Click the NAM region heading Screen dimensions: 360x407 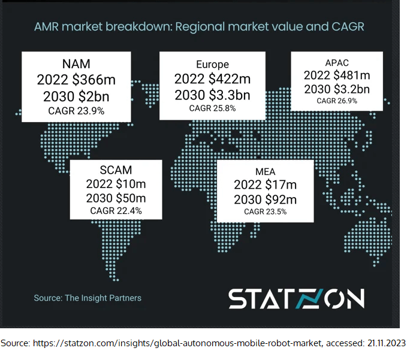(x=76, y=63)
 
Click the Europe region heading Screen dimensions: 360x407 (x=213, y=64)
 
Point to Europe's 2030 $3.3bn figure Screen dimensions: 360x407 (x=213, y=95)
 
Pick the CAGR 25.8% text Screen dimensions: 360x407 (x=213, y=108)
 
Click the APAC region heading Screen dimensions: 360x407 (x=337, y=62)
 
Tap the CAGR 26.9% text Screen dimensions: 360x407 (x=337, y=101)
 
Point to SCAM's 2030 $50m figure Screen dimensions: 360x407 (x=116, y=198)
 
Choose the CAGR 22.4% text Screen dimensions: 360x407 (x=116, y=211)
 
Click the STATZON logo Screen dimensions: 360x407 (x=296, y=298)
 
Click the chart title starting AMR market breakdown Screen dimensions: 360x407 (x=200, y=27)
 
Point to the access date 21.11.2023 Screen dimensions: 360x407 (x=382, y=343)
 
